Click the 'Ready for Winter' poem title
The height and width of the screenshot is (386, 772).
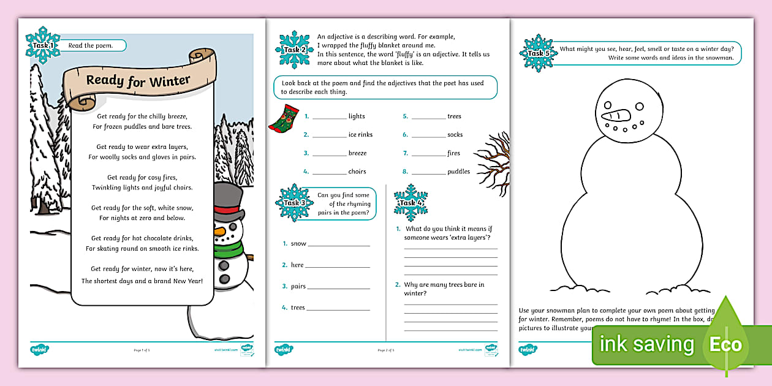point(138,80)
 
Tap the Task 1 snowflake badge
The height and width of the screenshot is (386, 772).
point(42,45)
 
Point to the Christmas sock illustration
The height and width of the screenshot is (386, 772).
point(284,118)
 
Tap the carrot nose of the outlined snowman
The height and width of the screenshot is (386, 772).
point(615,116)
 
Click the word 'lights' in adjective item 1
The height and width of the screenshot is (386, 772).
point(357,116)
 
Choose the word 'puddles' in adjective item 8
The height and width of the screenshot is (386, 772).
point(458,172)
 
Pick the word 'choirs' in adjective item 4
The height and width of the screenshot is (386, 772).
point(357,172)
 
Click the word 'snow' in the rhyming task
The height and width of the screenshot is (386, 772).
point(298,244)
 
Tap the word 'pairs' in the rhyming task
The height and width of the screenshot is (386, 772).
point(298,286)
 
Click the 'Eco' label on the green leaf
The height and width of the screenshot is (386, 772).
point(725,344)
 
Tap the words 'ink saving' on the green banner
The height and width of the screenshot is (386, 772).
point(646,344)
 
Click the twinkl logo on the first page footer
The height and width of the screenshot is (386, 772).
point(39,350)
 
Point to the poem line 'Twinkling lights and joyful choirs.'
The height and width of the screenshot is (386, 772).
point(142,187)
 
